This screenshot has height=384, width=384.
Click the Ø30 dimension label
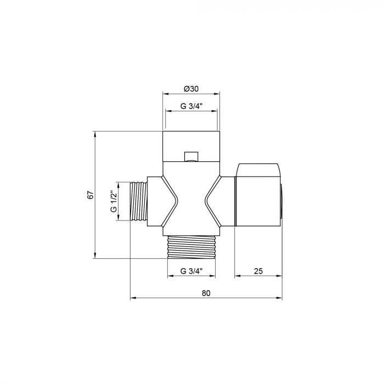pos(191,89)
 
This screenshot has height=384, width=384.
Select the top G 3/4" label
pos(191,106)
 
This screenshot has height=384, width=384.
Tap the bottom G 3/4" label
pos(191,271)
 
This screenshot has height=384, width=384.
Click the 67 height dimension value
pos(91,195)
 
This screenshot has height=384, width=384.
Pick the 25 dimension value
pos(258,271)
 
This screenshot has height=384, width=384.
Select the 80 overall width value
pos(206,293)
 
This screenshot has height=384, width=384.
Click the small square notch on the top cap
pos(191,156)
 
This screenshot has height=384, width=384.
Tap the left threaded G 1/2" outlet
pos(138,201)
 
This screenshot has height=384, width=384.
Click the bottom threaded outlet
pos(191,247)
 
